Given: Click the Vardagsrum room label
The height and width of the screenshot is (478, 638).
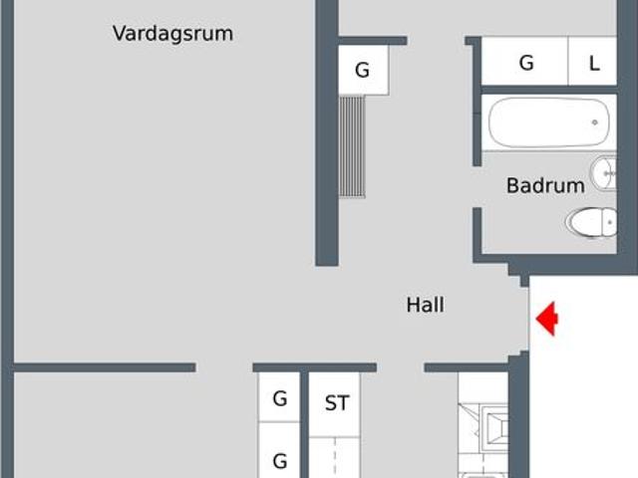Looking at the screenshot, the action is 172,34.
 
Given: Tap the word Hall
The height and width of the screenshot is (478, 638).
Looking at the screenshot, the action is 426,305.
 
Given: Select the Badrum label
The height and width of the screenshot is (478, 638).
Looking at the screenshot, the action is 545,186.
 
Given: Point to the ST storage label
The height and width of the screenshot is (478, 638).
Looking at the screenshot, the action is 337,403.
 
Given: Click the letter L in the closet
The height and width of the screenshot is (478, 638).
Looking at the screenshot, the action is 594,64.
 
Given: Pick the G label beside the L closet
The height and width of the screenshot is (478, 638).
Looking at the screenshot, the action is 526,63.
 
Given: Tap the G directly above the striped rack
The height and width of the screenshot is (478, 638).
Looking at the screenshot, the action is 362,70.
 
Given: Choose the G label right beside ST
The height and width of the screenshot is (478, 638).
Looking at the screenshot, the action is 280,398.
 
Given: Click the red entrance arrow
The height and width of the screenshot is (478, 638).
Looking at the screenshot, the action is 547,319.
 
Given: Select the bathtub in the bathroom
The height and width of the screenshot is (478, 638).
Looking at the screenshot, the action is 549,122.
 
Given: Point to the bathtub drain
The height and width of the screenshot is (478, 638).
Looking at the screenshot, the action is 594,122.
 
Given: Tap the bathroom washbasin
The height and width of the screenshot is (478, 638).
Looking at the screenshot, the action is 604,173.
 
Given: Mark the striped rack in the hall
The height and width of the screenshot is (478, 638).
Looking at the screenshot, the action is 352,146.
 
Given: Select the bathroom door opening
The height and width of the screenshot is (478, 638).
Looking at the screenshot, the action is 477,187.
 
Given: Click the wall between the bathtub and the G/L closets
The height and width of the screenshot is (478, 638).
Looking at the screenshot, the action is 549,91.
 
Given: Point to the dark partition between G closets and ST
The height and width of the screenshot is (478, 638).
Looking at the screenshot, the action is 304,425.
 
